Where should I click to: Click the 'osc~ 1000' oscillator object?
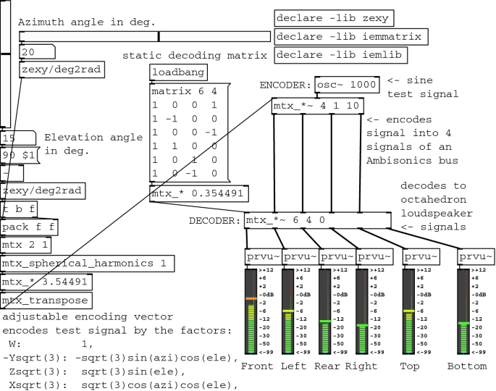347,85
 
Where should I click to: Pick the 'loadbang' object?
178,72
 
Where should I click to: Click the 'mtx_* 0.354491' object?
199,194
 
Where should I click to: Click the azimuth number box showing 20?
36,52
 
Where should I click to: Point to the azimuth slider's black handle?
159,36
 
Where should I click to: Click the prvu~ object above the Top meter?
421,257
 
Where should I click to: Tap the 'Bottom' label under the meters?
467,366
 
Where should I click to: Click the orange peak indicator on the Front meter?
251,298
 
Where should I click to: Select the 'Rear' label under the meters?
327,366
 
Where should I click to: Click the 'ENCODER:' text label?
286,85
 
